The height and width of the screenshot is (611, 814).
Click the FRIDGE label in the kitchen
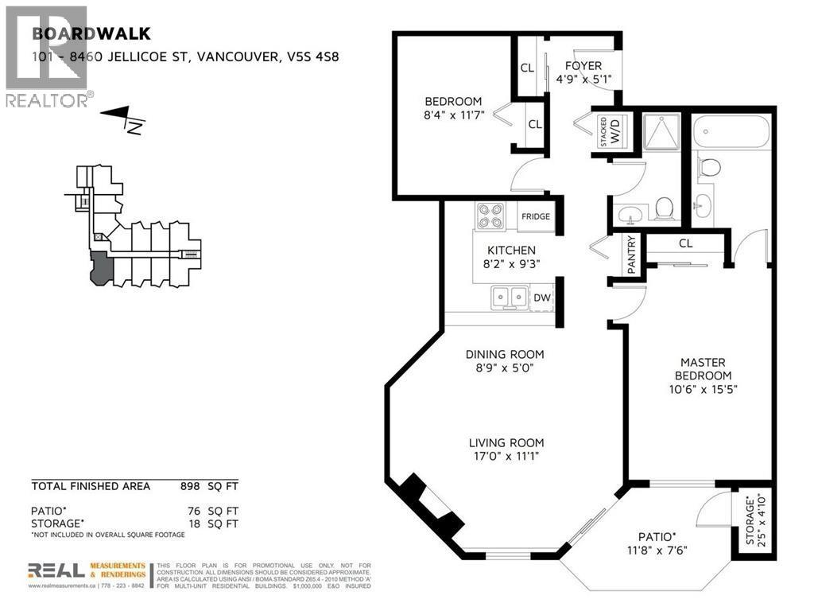coord(534,216)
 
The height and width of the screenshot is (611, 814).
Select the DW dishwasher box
coord(541,298)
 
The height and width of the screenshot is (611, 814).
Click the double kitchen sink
coord(507,298)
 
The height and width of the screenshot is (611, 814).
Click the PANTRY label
coord(632,255)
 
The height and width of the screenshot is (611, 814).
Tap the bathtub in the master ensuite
coord(731,131)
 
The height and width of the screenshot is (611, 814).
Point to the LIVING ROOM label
coord(506,443)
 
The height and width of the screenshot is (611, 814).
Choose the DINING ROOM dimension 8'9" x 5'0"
coord(505,368)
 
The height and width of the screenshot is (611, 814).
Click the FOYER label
coord(583,66)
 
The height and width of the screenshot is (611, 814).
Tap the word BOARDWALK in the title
coord(76,34)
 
